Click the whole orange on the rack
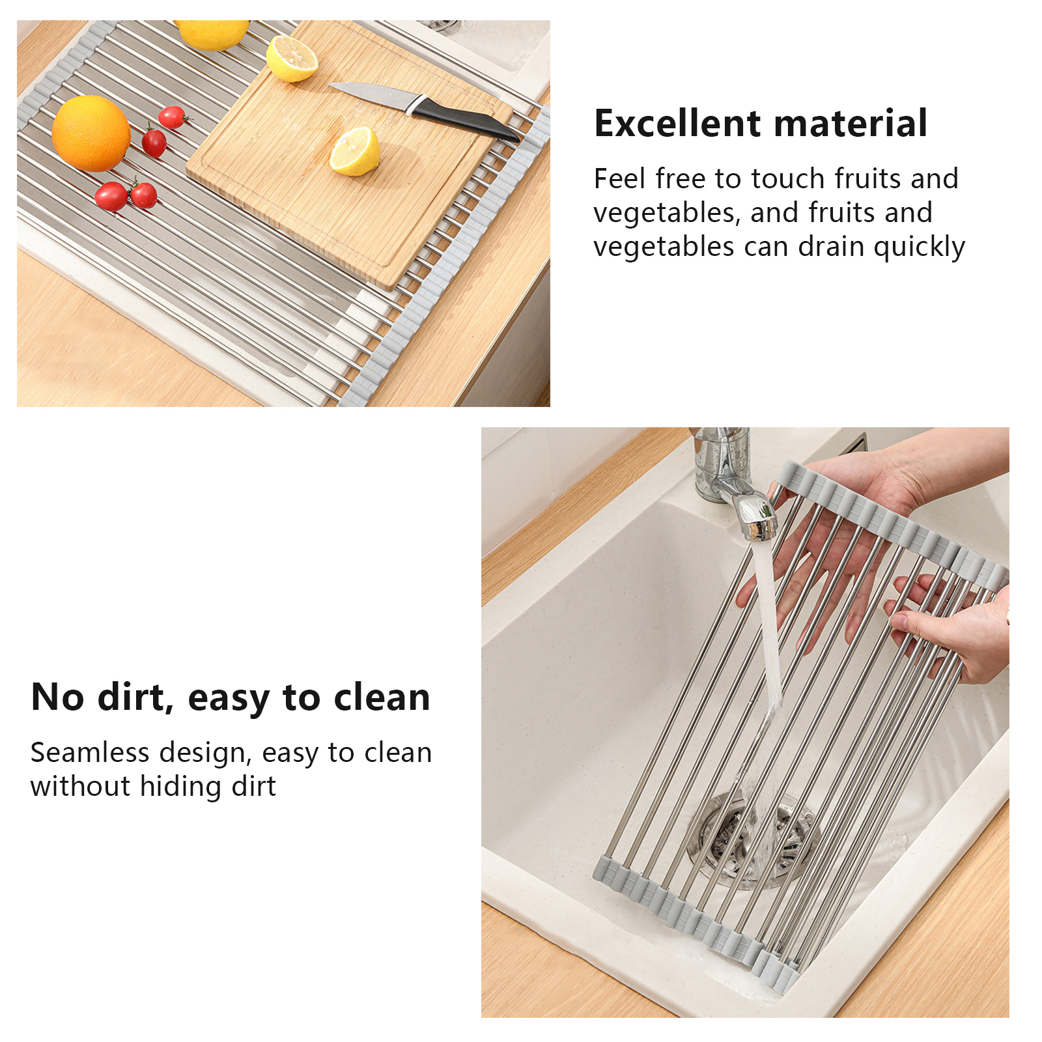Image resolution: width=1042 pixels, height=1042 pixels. (91, 134)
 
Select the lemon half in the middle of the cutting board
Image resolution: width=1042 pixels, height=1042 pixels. (355, 151)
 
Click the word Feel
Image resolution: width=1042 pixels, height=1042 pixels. (619, 178)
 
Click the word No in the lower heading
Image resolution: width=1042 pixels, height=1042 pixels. (58, 697)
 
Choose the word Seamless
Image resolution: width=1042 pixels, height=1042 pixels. (90, 753)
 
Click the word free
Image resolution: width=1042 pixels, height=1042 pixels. (680, 178)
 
